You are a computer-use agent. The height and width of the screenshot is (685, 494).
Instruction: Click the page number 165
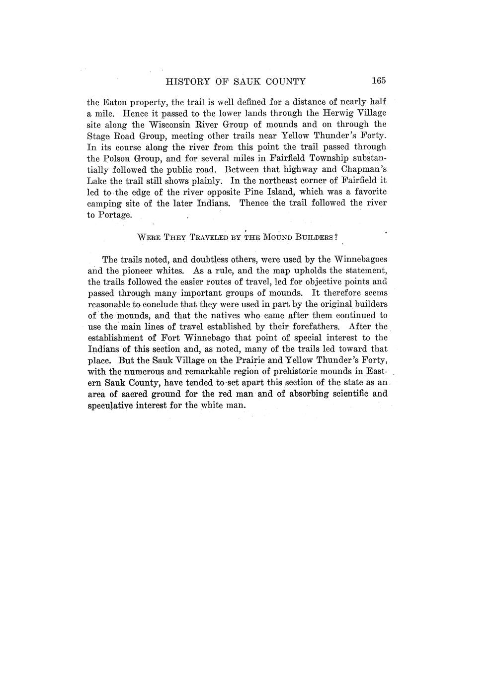pos(378,81)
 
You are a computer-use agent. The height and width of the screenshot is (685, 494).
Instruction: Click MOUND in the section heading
pos(280,237)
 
